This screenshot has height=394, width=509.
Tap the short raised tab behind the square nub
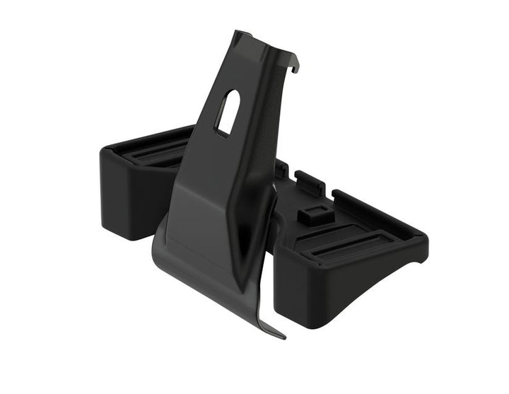pos(309,180)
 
